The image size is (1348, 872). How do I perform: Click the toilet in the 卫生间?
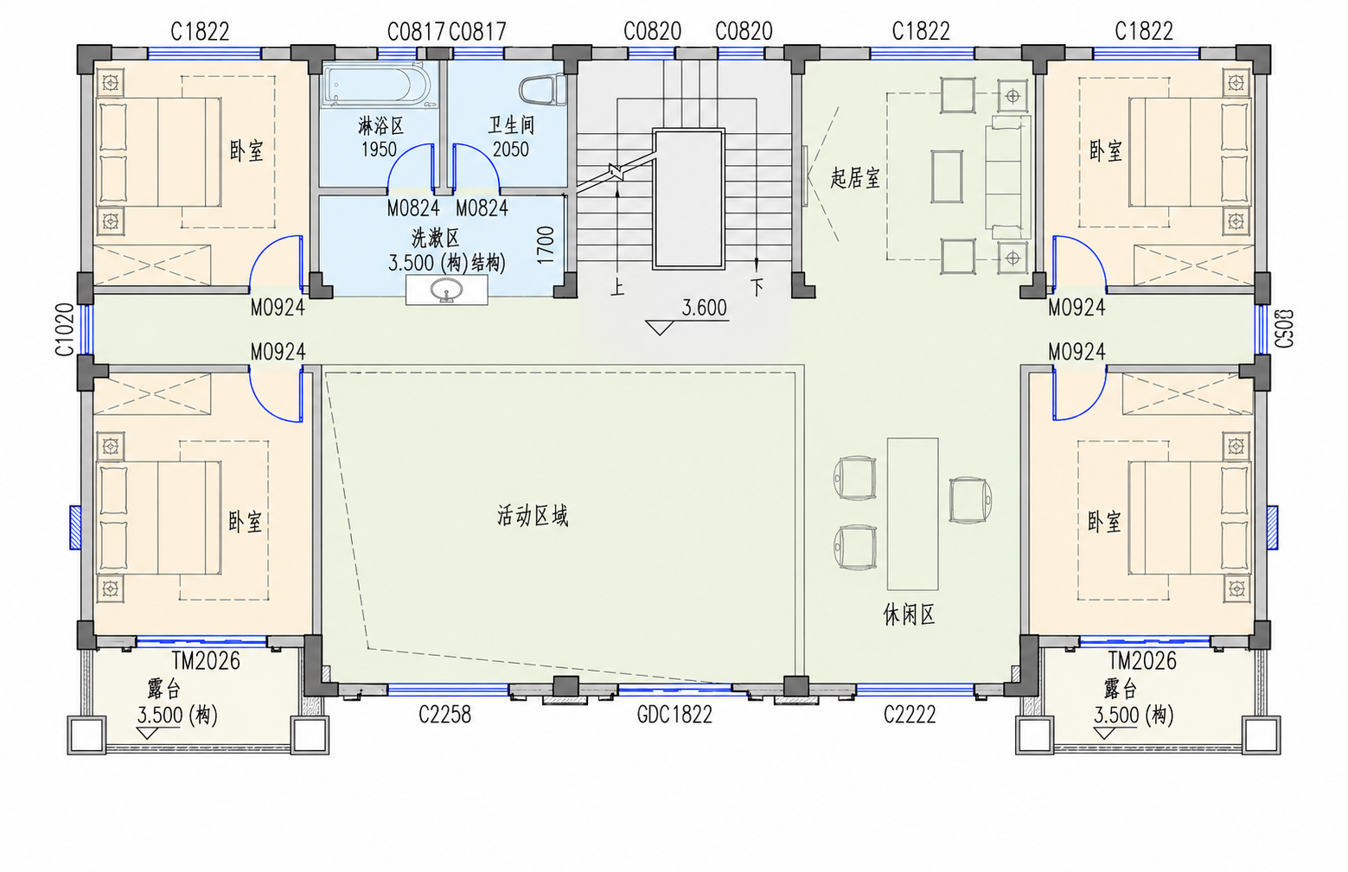[x=542, y=90]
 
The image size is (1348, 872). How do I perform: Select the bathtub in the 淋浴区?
[x=376, y=86]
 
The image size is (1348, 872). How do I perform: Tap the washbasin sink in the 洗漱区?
[x=446, y=290]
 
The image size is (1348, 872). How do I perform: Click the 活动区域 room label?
[x=533, y=516]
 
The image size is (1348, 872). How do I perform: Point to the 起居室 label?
[x=855, y=178]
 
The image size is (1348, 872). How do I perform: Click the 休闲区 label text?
[x=909, y=615]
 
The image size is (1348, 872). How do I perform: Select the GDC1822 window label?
[x=674, y=715]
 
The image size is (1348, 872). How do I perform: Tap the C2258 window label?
[x=444, y=715]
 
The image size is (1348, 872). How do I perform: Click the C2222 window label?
[x=910, y=715]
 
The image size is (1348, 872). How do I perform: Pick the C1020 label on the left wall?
[x=64, y=329]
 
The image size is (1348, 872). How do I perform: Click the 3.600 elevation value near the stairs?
[x=704, y=308]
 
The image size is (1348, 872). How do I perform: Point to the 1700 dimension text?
[x=546, y=245]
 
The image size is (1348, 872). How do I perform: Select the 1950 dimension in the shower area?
[x=379, y=150]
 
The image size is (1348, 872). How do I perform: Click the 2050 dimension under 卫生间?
[x=510, y=150]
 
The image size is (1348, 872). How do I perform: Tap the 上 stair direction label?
[x=617, y=287]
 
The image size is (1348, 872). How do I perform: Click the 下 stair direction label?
[x=757, y=287]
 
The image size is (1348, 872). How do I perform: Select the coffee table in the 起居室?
[x=947, y=176]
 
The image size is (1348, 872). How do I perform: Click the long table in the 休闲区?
[x=912, y=514]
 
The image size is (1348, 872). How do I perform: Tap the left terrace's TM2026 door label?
[x=206, y=661]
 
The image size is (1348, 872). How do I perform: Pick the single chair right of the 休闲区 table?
[x=969, y=500]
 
